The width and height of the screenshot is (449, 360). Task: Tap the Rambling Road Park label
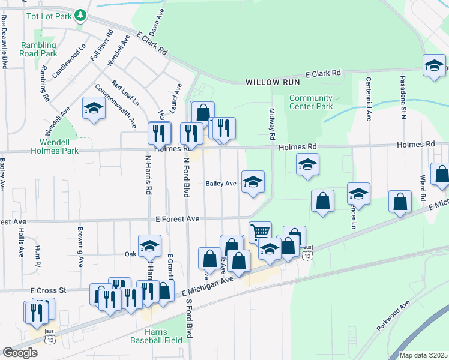(39, 49)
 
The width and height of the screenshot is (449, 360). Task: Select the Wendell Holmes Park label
(59, 146)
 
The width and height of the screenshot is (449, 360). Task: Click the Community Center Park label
(310, 102)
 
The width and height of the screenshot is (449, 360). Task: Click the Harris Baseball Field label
(156, 336)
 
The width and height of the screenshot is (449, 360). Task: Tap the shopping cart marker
(259, 231)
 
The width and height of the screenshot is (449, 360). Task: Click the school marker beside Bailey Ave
(253, 181)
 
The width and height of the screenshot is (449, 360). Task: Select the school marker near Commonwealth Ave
(93, 108)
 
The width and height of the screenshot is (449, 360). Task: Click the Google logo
(20, 352)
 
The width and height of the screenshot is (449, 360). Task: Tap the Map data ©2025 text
(424, 355)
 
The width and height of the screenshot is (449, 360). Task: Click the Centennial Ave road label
(367, 99)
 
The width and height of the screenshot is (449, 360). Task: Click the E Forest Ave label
(177, 220)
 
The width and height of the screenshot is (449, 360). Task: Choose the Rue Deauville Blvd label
(4, 42)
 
